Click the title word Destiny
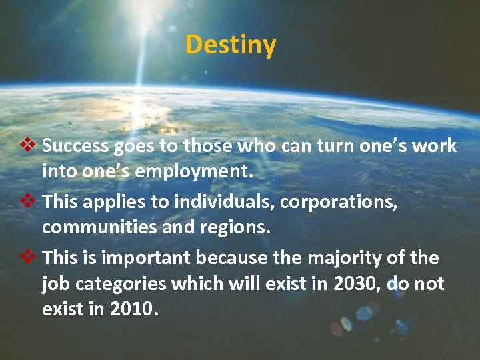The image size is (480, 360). pos(231,45)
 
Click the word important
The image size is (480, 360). pos(145,258)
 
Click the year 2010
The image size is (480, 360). pos(135,310)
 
